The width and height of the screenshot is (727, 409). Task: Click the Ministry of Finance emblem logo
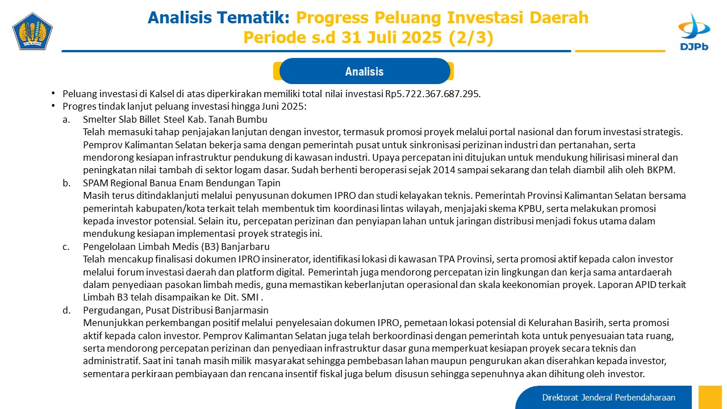[32, 31]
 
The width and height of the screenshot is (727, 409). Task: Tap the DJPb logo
[694, 32]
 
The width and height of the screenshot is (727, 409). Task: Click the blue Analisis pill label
[365, 71]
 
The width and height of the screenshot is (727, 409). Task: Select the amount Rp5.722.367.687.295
[433, 94]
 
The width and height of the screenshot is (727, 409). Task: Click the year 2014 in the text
[444, 170]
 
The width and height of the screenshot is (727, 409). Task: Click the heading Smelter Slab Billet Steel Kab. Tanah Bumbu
[175, 119]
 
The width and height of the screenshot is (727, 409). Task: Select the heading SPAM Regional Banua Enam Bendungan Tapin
[181, 183]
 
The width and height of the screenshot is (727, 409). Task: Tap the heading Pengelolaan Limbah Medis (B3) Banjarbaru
[176, 247]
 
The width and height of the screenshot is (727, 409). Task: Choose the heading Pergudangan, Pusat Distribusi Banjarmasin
[176, 310]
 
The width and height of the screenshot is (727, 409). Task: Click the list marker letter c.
[66, 247]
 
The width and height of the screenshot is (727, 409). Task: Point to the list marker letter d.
[66, 311]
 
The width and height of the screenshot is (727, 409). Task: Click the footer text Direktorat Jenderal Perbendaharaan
[608, 398]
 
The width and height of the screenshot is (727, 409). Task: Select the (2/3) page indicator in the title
[471, 37]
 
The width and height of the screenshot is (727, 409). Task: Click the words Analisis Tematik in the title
[219, 18]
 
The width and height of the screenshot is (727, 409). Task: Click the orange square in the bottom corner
[710, 397]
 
